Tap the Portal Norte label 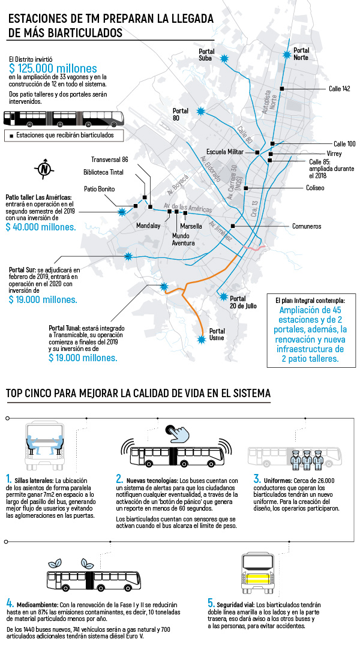(301, 54)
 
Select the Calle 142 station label (339, 89)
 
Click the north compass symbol (43, 169)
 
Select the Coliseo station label (315, 188)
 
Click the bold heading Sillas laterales (33, 481)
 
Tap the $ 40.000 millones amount (41, 227)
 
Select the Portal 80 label (180, 114)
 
